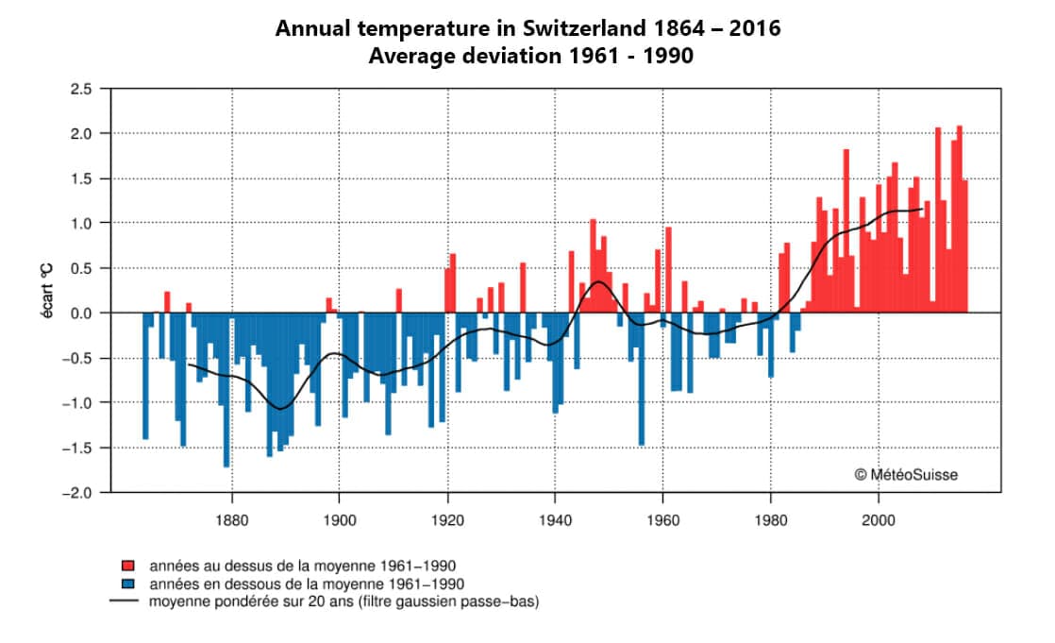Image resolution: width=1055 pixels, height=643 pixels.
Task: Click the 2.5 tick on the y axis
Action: point(79,89)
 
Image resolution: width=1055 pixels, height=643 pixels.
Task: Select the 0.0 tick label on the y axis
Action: point(79,313)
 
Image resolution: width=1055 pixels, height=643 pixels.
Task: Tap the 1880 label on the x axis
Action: point(231,518)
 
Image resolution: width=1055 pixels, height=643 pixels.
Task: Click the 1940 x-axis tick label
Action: point(555,518)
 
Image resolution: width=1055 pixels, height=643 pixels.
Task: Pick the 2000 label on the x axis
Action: point(879,518)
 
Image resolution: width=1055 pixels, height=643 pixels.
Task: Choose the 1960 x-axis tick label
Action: point(662,518)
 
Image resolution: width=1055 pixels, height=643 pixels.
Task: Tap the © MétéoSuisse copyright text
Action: point(905,475)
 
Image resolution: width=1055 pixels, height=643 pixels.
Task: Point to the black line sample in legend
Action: point(126,601)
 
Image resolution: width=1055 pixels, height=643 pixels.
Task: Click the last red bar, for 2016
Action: point(964,245)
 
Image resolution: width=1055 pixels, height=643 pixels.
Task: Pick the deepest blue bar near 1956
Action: point(642,378)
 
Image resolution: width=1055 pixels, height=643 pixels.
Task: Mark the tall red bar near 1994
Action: point(846,231)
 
